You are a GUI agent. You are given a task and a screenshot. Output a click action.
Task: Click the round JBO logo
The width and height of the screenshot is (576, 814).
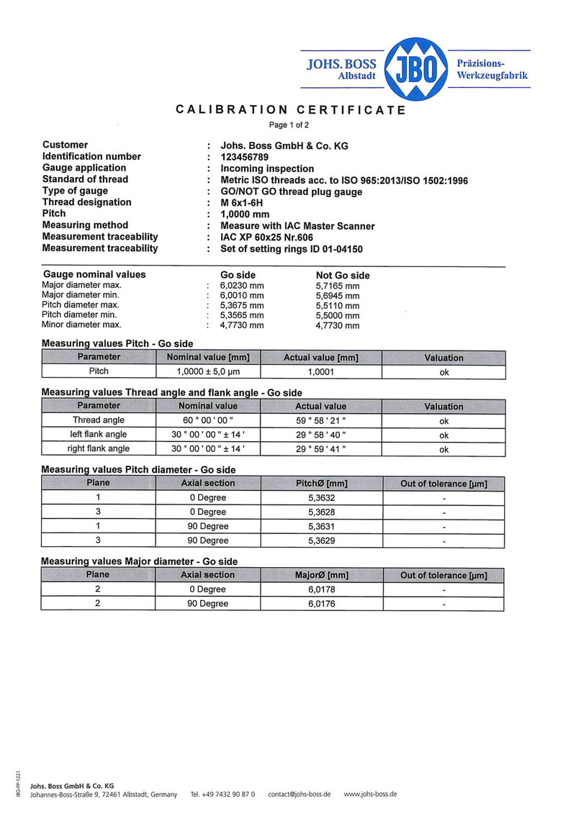coord(416,69)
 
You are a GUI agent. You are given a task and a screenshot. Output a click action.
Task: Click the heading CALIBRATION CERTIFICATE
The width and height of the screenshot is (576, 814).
coord(291,110)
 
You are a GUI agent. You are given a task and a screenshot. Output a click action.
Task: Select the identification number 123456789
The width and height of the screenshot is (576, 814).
coord(245,156)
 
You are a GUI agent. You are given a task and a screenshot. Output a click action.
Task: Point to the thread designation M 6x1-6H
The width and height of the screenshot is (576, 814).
coord(241,202)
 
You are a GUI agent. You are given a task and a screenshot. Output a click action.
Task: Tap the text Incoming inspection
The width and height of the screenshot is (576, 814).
coord(267,168)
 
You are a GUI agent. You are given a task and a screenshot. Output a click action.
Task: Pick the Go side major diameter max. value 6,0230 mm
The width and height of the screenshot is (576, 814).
coord(242,286)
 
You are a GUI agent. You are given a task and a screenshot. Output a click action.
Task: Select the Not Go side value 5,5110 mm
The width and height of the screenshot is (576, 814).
coord(338,306)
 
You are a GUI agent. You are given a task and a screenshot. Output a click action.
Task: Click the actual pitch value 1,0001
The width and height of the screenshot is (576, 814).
coord(321,372)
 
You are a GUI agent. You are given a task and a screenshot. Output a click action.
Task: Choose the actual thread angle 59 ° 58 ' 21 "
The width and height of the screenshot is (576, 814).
coord(321,420)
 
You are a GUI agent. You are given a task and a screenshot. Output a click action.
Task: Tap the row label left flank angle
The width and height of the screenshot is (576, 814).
coord(99,435)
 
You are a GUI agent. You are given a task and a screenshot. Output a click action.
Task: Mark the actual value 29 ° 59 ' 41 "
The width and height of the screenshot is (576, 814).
coord(321,449)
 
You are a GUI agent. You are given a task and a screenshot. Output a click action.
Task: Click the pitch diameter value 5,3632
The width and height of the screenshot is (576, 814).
coord(321,497)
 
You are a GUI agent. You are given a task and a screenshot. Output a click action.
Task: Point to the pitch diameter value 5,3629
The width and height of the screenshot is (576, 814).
coord(321,541)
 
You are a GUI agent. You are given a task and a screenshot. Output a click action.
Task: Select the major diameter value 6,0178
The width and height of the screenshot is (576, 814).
coord(321,589)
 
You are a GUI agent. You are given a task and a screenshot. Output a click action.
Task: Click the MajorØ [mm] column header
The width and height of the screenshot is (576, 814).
coord(321,575)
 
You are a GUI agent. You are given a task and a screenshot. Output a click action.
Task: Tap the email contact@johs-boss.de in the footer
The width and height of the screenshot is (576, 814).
coord(299,794)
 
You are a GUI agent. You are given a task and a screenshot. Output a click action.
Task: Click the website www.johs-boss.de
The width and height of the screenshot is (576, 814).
coord(370,794)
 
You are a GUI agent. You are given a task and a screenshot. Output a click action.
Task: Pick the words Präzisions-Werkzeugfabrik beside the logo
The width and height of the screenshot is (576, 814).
coord(492,69)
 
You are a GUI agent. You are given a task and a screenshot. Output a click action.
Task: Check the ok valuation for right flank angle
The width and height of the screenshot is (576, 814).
coord(444,449)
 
